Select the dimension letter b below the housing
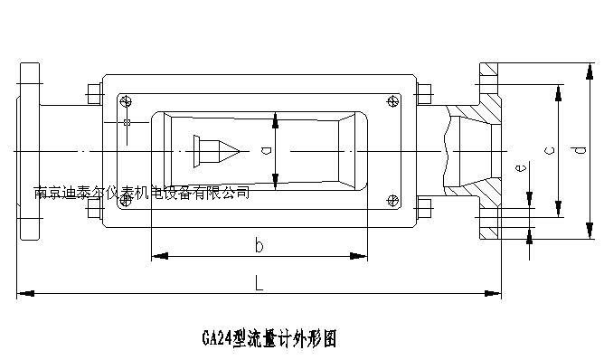tap(259, 245)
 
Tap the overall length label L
tap(259, 282)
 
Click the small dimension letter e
tap(521, 167)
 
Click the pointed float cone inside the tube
tap(216, 151)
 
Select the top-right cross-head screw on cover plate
tap(392, 101)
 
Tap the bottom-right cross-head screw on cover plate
tap(392, 201)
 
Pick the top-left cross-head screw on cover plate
tap(126, 101)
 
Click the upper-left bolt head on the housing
tap(94, 94)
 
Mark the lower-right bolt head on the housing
tap(424, 209)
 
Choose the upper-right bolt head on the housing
tap(424, 94)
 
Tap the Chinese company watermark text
tap(142, 193)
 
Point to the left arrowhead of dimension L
tap(26, 293)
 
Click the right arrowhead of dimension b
tap(358, 256)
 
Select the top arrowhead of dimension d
tap(590, 71)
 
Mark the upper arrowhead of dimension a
tap(275, 120)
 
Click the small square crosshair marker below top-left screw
tap(127, 123)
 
